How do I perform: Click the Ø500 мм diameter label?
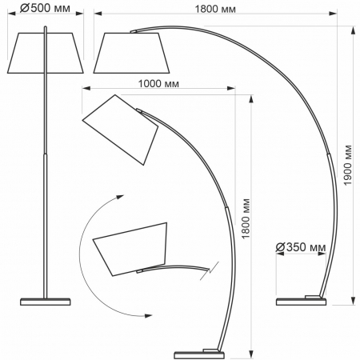46,9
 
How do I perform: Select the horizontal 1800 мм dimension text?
217,9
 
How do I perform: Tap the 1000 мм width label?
157,83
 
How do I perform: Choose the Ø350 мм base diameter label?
300,247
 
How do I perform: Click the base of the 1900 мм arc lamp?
302,301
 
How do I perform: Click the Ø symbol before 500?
25,9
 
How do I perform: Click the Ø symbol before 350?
279,247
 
